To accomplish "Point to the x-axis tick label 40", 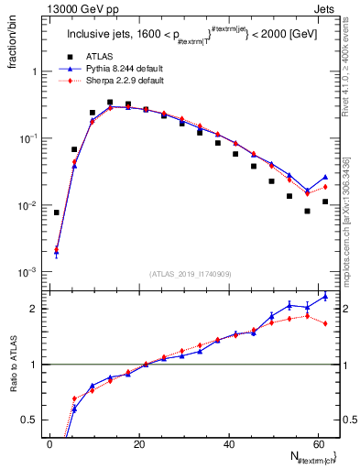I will (x=228, y=443).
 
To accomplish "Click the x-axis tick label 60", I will (x=317, y=443).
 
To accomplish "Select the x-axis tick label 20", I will (x=139, y=443).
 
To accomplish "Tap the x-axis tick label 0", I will (x=50, y=443).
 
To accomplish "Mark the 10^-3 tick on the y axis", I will (x=27, y=273).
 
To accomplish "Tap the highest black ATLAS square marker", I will (x=110, y=103).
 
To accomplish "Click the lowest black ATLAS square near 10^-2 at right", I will (x=307, y=211).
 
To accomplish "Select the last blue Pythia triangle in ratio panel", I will (x=325, y=296).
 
